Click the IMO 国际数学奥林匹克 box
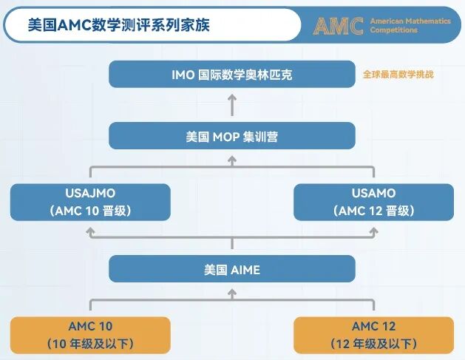[x=232, y=75]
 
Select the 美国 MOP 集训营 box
[x=232, y=136]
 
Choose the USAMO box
[x=374, y=202]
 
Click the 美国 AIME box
[x=232, y=269]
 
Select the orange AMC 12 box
[x=374, y=335]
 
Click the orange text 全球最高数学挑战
[x=398, y=75]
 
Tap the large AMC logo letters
[x=338, y=26]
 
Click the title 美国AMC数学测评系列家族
[x=118, y=25]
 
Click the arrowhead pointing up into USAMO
[x=374, y=231]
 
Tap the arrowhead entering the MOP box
[x=232, y=157]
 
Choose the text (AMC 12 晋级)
[x=374, y=211]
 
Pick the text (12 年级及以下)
[x=374, y=344]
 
